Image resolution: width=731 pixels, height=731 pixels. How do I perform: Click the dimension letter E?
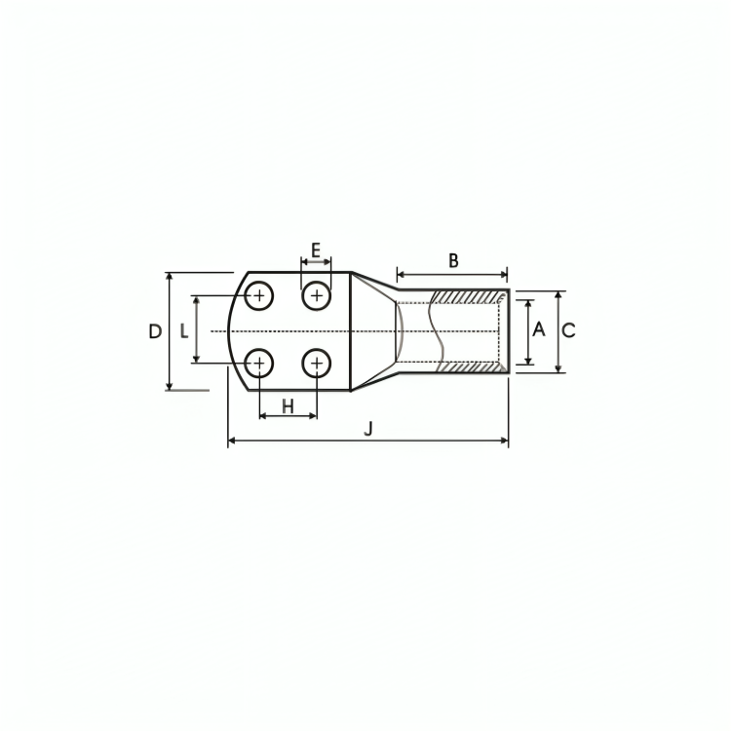pyautogui.click(x=316, y=250)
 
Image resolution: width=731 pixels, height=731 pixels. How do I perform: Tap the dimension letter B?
pyautogui.click(x=453, y=260)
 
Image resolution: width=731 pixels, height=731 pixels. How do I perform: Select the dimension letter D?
pyautogui.click(x=155, y=331)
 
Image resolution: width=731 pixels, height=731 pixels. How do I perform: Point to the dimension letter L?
pyautogui.click(x=184, y=331)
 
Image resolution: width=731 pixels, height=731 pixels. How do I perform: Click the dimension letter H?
pyautogui.click(x=289, y=406)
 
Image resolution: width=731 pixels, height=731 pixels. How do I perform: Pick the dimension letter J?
pyautogui.click(x=368, y=429)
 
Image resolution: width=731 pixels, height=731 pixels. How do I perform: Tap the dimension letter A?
pyautogui.click(x=538, y=329)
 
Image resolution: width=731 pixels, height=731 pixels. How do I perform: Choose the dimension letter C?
pyautogui.click(x=569, y=330)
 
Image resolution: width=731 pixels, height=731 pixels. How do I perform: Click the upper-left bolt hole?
pyautogui.click(x=259, y=295)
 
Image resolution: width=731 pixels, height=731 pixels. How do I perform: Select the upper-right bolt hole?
pyautogui.click(x=317, y=295)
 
